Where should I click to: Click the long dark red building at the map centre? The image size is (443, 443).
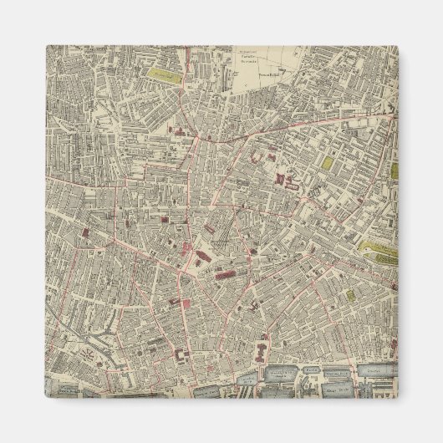[x=227, y=273]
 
